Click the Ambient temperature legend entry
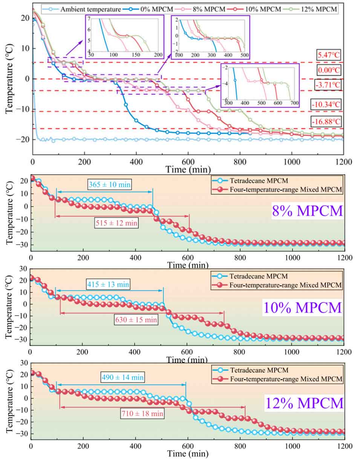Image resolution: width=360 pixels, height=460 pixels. tap(81, 9)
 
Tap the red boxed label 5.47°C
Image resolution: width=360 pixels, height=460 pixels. tap(328, 55)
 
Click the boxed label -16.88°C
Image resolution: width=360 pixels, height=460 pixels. tap(326, 121)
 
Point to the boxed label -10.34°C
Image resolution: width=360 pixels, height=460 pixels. tap(326, 104)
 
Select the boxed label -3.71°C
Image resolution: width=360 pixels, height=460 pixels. tap(327, 85)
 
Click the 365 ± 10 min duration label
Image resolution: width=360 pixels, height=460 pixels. tap(110, 184)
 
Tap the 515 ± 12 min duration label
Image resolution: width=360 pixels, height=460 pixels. tap(116, 223)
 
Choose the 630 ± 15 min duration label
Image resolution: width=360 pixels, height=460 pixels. tap(136, 319)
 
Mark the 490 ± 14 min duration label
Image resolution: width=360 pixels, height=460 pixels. tap(123, 377)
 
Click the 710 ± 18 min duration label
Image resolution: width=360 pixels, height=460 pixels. tap(142, 413)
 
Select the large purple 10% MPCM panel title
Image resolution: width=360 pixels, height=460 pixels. tap(302, 308)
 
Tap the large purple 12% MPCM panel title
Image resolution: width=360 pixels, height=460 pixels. tap(304, 403)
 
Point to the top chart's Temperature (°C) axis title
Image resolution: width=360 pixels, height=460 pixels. tap(9, 79)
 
